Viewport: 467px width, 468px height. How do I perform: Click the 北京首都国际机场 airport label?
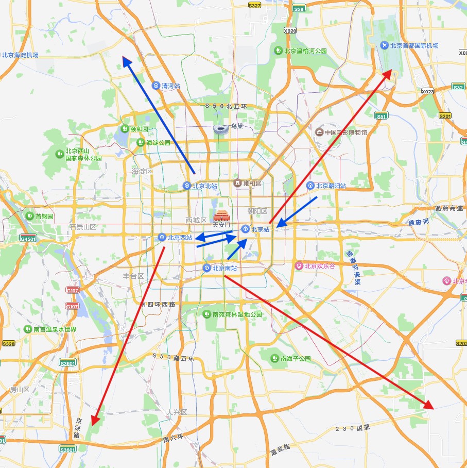point(414,45)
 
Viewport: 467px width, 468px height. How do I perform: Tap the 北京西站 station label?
point(180,238)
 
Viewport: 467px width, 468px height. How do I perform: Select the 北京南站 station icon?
point(206,268)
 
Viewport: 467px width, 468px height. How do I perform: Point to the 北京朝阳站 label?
point(331,186)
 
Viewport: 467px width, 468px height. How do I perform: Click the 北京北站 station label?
point(204,186)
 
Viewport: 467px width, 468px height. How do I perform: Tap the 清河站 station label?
point(170,86)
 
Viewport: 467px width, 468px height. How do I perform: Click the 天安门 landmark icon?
point(221,216)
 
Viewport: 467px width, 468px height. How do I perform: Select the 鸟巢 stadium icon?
point(220,129)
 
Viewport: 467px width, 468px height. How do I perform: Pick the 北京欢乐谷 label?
point(319,266)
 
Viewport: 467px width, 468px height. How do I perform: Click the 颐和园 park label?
point(139,129)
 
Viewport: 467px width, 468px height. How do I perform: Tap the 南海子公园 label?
point(296,358)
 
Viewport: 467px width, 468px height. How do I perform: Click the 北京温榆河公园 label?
point(306,51)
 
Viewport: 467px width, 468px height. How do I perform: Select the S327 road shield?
point(254,5)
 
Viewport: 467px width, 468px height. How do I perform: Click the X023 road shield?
point(427,91)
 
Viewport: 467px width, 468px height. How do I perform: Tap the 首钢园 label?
point(44,216)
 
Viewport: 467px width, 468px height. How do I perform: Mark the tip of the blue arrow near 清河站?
point(124,58)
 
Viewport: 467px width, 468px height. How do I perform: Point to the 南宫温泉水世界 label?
point(55,329)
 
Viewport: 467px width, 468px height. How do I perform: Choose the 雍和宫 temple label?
point(252,183)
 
